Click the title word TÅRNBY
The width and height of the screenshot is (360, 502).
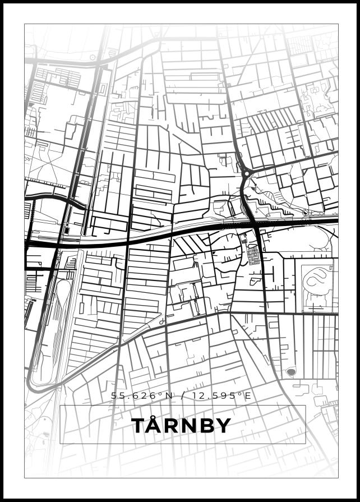181,425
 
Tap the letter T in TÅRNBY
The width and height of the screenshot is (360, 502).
137,426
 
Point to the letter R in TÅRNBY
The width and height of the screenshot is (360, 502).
170,426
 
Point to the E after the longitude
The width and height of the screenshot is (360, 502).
248,396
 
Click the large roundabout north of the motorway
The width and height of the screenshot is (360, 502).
245,174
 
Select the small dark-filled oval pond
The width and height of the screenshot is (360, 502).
290,371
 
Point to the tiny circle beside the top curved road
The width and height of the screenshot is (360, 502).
93,57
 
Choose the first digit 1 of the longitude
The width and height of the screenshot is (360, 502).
194,396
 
